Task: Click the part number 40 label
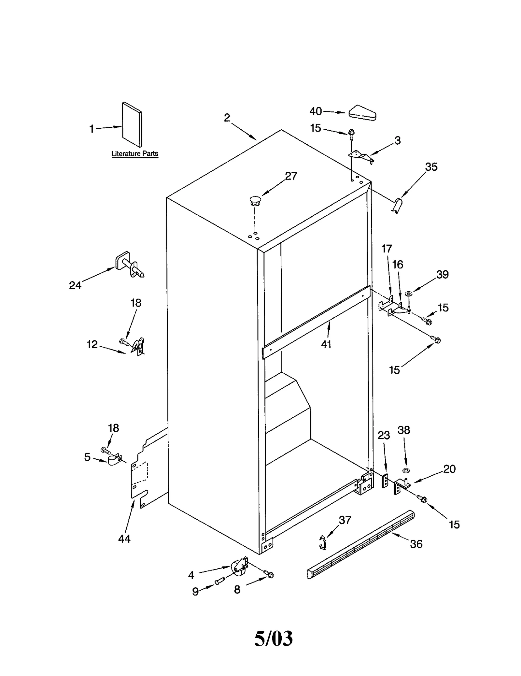tap(315, 111)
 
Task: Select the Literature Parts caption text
tap(135, 153)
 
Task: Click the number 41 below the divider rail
tap(326, 344)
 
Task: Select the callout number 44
tap(124, 539)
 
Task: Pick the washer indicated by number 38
tap(405, 470)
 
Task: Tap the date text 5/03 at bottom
tap(273, 639)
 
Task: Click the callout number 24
tap(75, 285)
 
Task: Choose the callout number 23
tap(384, 435)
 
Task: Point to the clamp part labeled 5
tap(114, 460)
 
